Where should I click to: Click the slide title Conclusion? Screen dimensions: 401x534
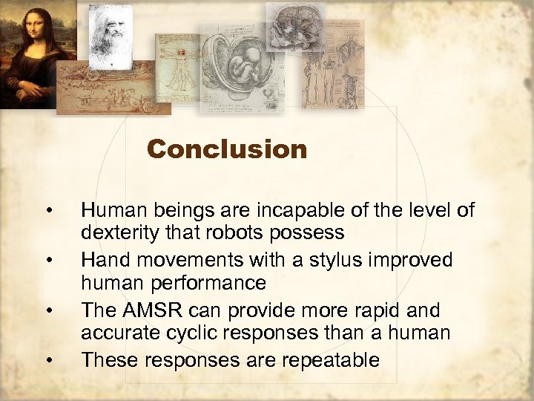[x=227, y=149]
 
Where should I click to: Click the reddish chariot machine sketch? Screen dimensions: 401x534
[x=111, y=93]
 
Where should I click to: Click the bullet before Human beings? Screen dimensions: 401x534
[x=48, y=210]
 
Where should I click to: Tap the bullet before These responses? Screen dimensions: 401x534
[x=48, y=361]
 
